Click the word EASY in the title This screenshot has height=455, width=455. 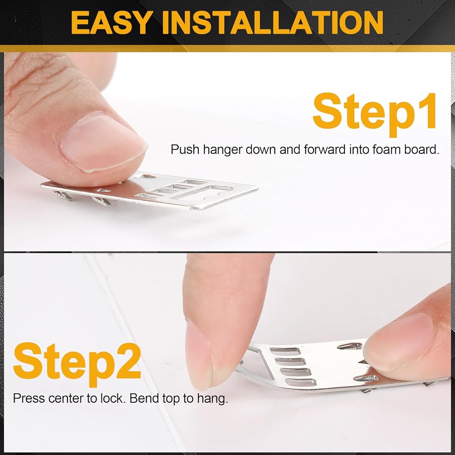pos(111,23)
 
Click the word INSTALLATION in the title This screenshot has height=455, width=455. pos(273,23)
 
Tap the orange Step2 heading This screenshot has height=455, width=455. pos(77,364)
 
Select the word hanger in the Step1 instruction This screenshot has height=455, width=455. pos(222,150)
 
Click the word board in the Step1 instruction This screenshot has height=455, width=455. pos(422,149)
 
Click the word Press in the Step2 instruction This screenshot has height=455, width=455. pos(29,398)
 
